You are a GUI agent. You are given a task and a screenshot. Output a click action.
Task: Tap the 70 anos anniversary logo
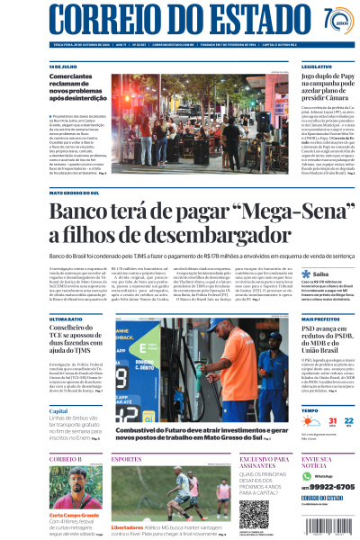pyautogui.click(x=334, y=20)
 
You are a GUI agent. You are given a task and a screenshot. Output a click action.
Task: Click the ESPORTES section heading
pyautogui.click(x=126, y=459)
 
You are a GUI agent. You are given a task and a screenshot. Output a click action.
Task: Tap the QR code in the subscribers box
pyautogui.click(x=254, y=512)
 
